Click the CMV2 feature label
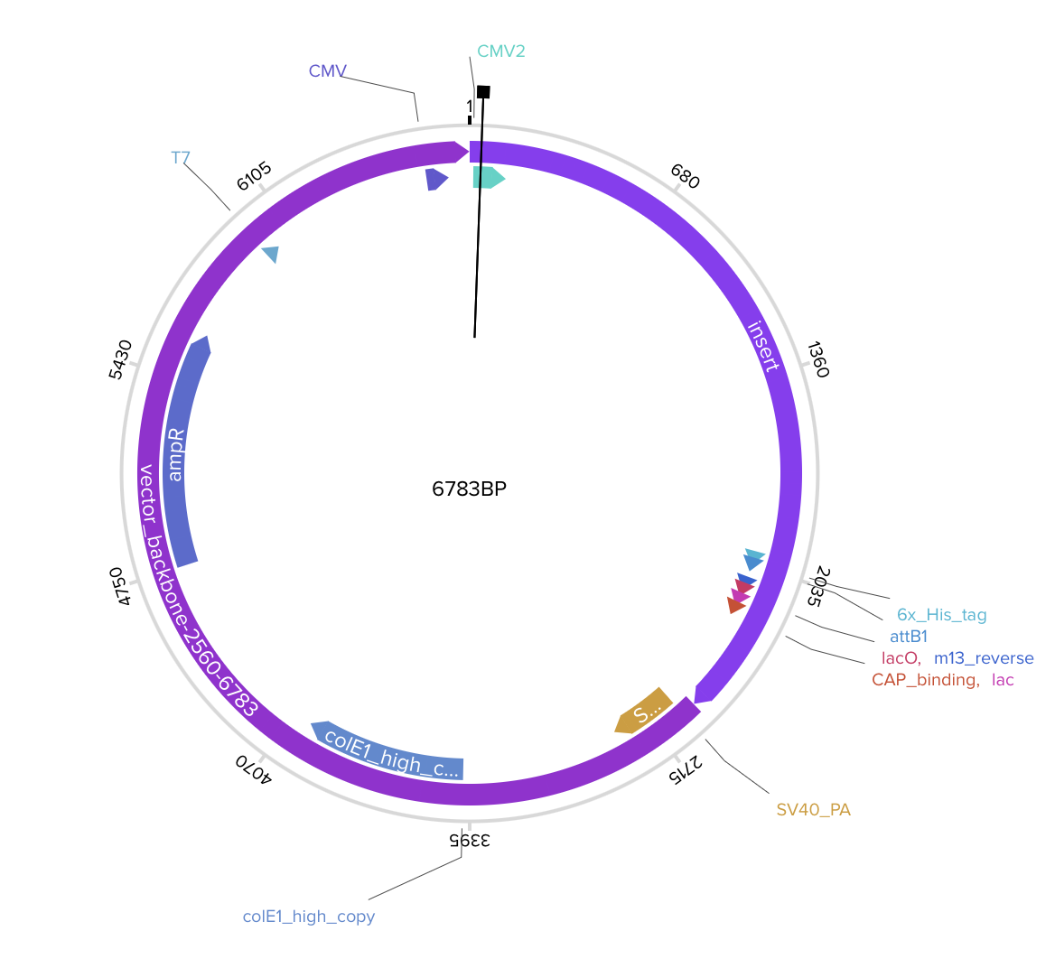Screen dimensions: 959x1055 coord(501,51)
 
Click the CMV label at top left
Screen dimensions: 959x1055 coord(328,70)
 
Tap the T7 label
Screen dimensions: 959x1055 coord(181,158)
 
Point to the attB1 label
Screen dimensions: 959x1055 coord(909,637)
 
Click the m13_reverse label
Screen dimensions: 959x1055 coord(984,658)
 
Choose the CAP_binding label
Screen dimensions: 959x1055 coord(925,680)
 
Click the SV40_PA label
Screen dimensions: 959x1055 coord(813,810)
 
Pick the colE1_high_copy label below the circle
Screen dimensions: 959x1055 coord(308,917)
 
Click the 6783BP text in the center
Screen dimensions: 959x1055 coord(470,489)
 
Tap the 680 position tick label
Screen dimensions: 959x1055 coord(685,177)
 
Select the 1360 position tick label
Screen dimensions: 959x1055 coord(817,359)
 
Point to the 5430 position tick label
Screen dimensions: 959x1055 coord(121,358)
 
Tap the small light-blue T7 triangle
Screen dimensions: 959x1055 coord(270,255)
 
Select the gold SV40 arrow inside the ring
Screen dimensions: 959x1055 coord(643,711)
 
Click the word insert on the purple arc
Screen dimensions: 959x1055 coord(763,345)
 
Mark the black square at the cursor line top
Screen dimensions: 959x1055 coord(483,91)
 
